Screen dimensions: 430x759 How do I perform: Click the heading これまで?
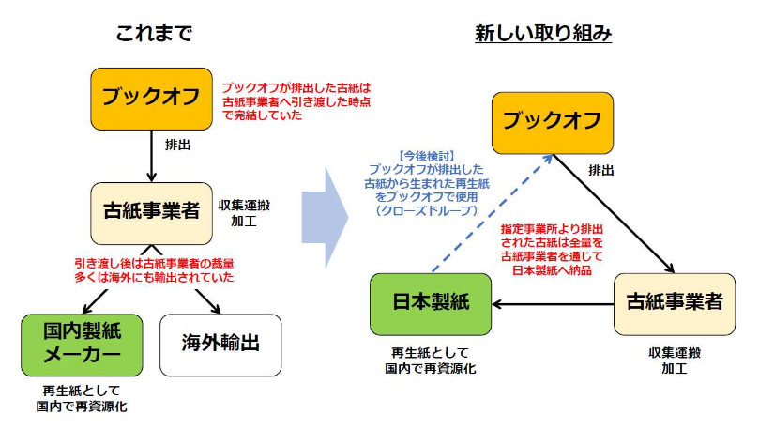tap(154, 35)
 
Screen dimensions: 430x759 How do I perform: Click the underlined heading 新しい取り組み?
tap(543, 35)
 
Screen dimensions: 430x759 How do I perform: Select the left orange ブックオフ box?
tap(152, 98)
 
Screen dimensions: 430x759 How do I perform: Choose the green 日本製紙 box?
tap(431, 303)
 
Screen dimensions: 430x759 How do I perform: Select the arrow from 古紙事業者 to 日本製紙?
tap(554, 304)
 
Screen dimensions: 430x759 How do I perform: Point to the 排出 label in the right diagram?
tap(601, 170)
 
